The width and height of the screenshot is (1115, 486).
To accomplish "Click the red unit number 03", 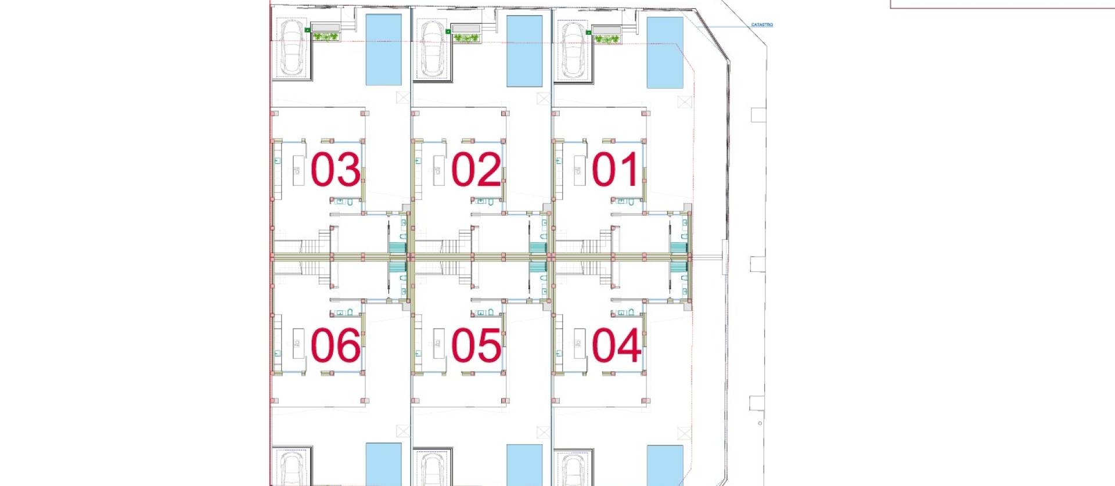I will click(335, 170).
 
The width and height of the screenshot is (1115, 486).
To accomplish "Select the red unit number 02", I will click(476, 170).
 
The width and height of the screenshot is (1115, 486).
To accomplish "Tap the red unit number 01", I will click(616, 170).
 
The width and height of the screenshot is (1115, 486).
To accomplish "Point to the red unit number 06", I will click(335, 345).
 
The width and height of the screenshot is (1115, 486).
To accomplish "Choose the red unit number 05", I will click(476, 345).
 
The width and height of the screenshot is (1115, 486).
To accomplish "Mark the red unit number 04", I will click(616, 345).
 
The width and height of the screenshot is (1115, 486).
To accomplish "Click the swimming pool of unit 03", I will click(383, 50).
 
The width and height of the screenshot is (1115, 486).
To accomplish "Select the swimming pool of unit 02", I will click(524, 51).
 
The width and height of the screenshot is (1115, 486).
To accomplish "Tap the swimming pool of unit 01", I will click(665, 52).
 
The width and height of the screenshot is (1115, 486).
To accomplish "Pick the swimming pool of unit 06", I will click(383, 464).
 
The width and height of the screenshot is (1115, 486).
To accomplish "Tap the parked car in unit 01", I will click(573, 51).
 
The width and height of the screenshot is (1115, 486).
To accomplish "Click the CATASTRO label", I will click(761, 25).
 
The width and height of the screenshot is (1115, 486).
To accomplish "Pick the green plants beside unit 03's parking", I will click(326, 38).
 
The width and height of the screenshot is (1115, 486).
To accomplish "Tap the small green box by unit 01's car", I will click(588, 33).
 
